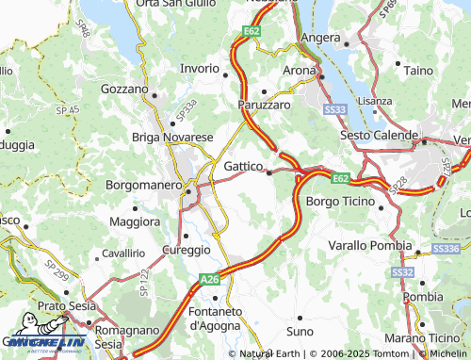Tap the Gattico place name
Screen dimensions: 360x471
(243, 166)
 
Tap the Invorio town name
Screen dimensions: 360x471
(201, 69)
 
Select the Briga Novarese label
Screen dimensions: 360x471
(172, 138)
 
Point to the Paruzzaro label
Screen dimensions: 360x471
(265, 106)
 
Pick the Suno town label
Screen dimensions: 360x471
(300, 333)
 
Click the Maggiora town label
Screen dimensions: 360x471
(136, 221)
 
